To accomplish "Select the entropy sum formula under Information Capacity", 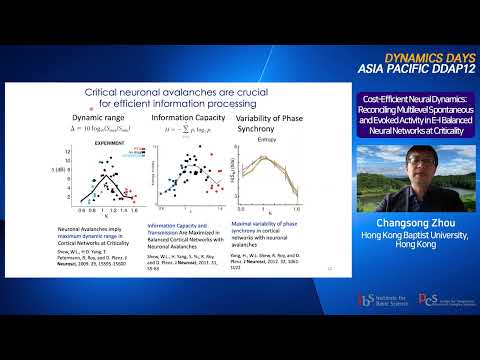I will pos(178,130).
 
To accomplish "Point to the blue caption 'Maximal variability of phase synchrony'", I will pos(263,225).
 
